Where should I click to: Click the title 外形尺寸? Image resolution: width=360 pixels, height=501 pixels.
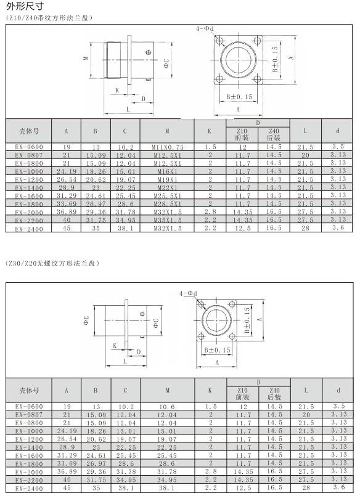coord(25,6)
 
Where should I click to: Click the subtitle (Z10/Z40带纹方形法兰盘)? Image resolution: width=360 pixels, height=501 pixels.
coord(49,18)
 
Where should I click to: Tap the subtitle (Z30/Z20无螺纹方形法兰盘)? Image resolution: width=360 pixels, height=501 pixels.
coord(53,264)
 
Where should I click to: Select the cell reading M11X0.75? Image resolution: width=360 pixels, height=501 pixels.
coord(168,147)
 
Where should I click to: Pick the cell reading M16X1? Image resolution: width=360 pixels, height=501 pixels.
coord(168,171)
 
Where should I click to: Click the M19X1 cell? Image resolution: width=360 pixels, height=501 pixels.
coord(168,179)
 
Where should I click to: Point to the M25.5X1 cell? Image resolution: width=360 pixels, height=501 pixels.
coord(168,196)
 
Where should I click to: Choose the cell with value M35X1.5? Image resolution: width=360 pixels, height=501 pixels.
coord(168,220)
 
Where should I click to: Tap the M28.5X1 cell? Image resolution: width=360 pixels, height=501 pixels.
coord(168,204)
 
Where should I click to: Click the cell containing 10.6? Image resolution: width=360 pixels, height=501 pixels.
coord(167,407)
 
